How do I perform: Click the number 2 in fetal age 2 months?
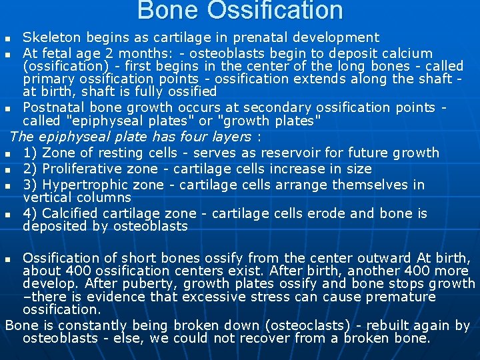click(109, 53)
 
